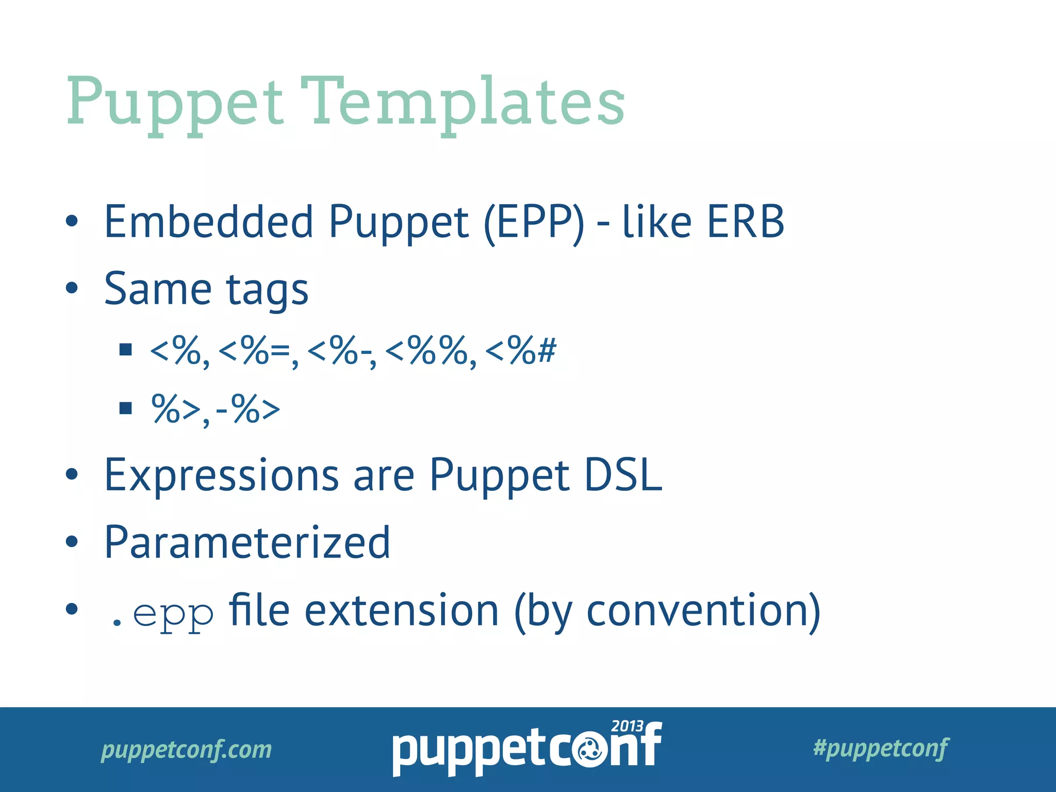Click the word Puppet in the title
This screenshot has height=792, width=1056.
coord(175,103)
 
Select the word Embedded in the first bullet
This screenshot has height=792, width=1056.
coord(208,222)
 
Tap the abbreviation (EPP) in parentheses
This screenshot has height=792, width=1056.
coord(534,223)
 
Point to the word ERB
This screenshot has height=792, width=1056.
coord(745,222)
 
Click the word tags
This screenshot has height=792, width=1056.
coord(267,290)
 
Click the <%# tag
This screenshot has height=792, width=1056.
coord(520,351)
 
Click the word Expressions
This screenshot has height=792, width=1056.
coord(222,475)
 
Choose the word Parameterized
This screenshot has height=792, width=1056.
coord(247,543)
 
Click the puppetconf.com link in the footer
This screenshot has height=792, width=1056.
coord(186,749)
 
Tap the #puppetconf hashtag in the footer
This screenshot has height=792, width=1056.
coord(880,748)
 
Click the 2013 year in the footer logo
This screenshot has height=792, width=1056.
coord(626,726)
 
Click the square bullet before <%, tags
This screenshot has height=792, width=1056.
coord(125,350)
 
